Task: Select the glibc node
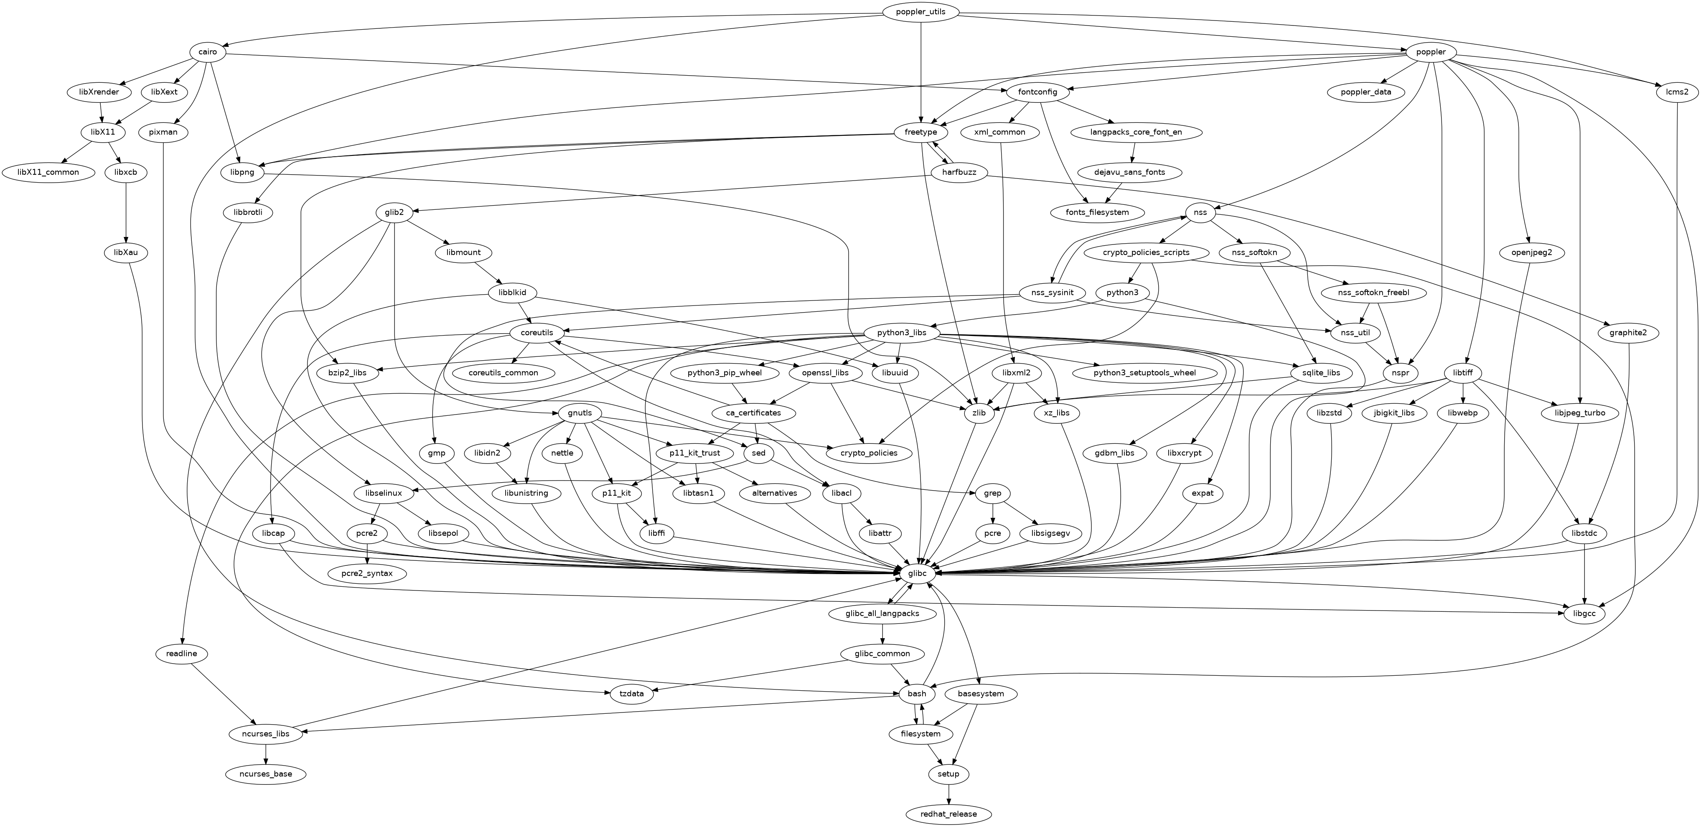click(x=917, y=573)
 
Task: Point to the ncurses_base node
click(x=266, y=774)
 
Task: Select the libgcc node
click(x=1584, y=613)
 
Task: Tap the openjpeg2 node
click(x=1531, y=253)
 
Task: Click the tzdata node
click(x=632, y=694)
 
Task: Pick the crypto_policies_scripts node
click(x=1146, y=253)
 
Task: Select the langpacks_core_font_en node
click(x=1136, y=132)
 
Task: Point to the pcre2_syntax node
click(x=366, y=573)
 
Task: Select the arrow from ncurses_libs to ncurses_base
click(x=266, y=754)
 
